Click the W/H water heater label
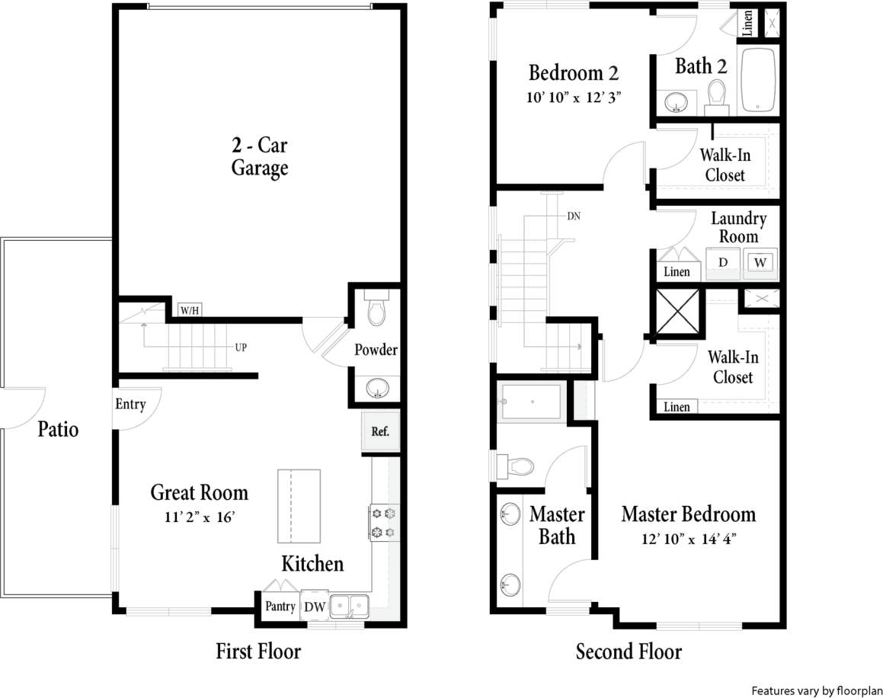[189, 310]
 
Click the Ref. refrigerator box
[380, 431]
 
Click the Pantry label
[280, 607]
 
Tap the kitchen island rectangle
[299, 505]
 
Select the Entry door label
[130, 404]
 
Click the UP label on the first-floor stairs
[241, 347]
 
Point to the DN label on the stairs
[574, 216]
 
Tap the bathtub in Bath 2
[757, 82]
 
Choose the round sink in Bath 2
[675, 101]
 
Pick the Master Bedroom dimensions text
[688, 539]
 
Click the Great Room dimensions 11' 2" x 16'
[199, 517]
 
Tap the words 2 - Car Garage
[260, 156]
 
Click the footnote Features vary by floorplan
[813, 690]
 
